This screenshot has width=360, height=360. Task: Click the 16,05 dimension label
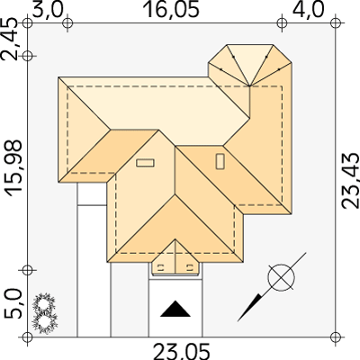click(172, 9)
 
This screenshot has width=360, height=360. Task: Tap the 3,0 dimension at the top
click(48, 9)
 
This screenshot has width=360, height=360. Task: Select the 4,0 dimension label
click(309, 9)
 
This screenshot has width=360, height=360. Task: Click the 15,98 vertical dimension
click(14, 168)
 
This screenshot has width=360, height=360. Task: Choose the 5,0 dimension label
click(13, 303)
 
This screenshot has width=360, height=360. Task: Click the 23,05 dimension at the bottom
click(181, 352)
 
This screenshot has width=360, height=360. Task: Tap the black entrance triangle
click(175, 309)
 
